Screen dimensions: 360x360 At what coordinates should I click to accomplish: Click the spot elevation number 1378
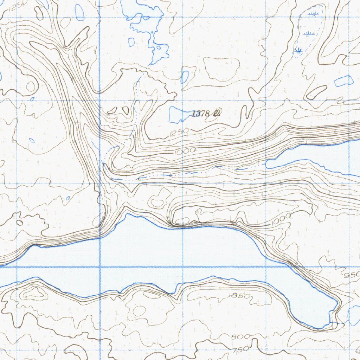click(201, 114)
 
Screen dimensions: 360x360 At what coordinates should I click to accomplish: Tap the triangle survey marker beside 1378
click(217, 113)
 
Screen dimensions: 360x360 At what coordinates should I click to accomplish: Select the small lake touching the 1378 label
click(179, 114)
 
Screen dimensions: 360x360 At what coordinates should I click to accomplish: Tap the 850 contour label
click(242, 296)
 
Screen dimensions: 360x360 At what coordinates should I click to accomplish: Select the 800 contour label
click(240, 337)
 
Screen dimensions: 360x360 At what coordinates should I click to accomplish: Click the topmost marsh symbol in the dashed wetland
click(312, 13)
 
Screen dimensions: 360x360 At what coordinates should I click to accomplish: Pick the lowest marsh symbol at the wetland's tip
click(298, 50)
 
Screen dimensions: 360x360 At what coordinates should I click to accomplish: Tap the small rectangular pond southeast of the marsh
click(343, 81)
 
